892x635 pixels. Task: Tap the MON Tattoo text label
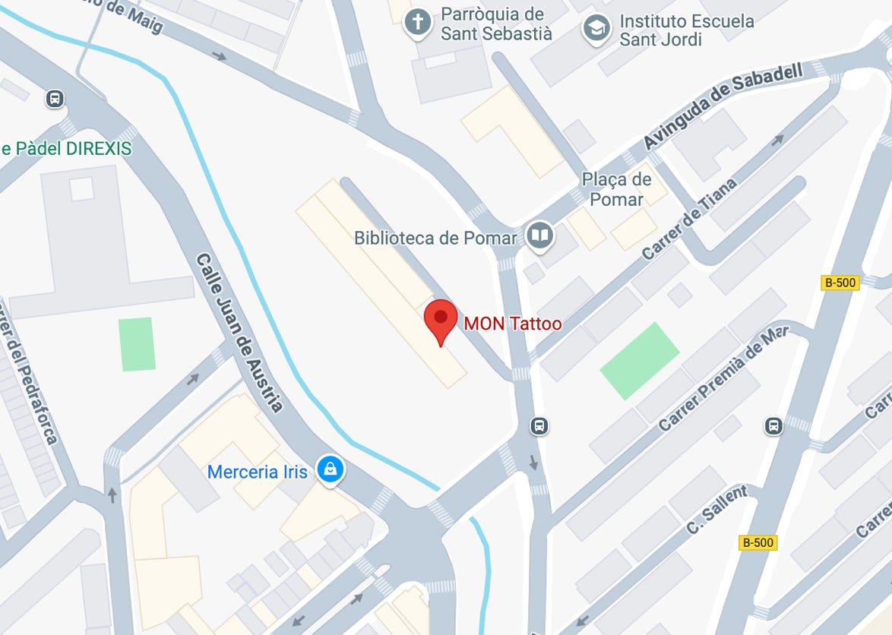pos(513,324)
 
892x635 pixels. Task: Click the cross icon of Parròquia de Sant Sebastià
pos(418,21)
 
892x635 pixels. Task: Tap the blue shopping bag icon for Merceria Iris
pos(331,469)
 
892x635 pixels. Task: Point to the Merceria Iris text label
pos(258,472)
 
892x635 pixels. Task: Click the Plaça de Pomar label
pos(616,189)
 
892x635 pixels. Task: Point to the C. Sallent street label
pos(716,509)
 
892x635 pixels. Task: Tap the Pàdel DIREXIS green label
pos(66,148)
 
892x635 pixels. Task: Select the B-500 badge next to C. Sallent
pos(758,542)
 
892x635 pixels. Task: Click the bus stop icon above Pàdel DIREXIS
pos(55,99)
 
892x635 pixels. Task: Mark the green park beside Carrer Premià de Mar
pos(639,361)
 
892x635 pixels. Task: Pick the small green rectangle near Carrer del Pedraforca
pos(138,344)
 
